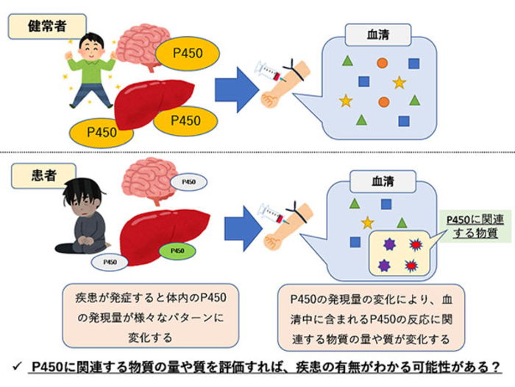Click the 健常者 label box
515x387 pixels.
45,27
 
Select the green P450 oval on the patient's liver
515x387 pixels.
177,251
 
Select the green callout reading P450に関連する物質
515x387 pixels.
472,226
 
